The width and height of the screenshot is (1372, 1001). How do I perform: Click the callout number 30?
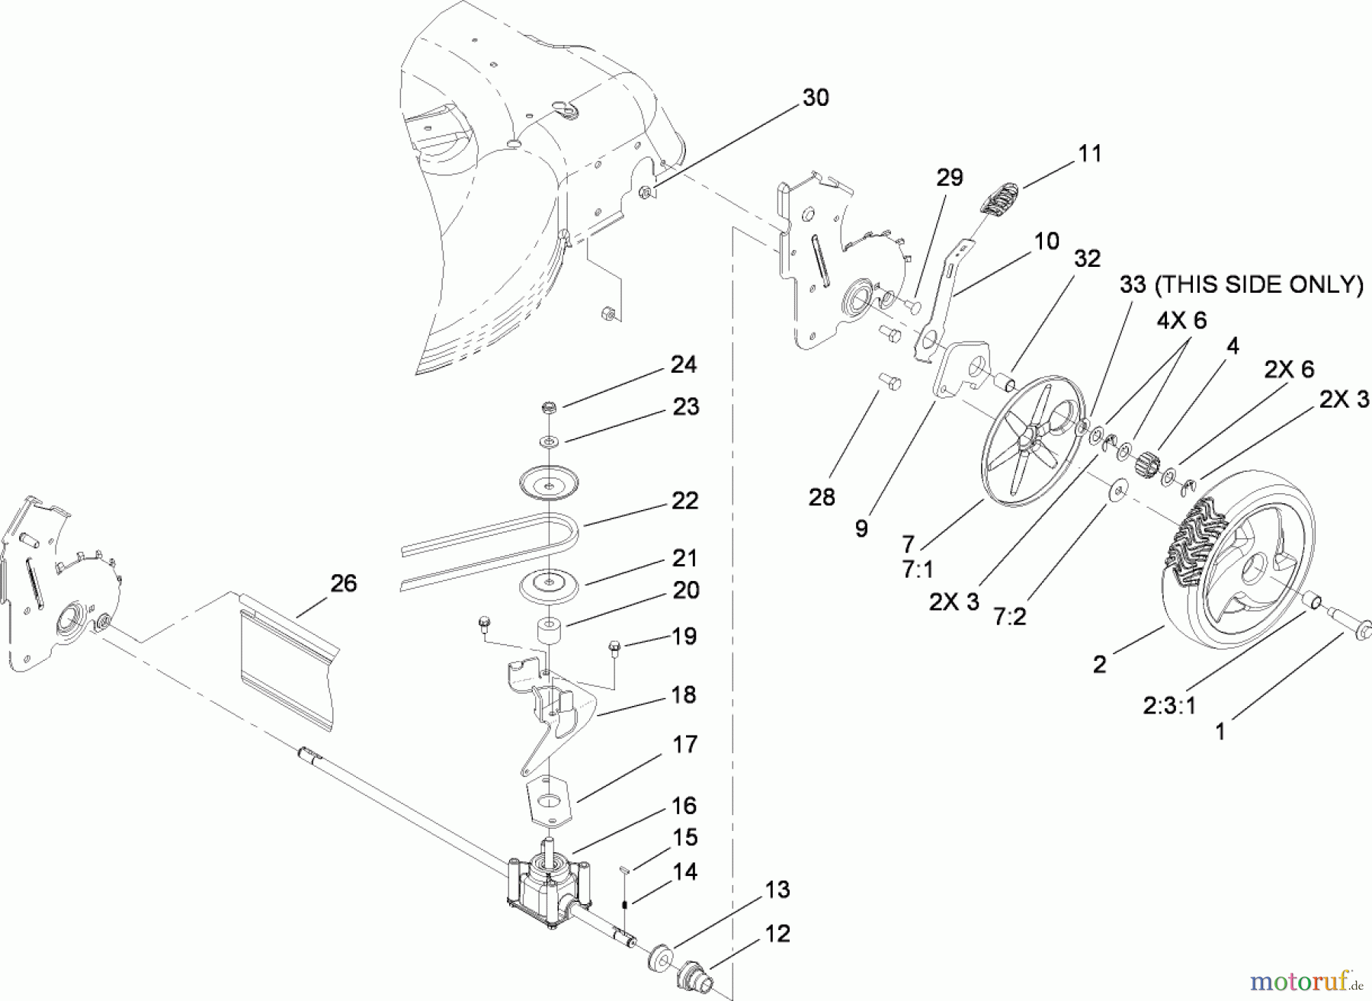point(816,98)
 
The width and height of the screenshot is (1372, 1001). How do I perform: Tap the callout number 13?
point(777,889)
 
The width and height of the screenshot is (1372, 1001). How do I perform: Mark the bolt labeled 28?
point(887,380)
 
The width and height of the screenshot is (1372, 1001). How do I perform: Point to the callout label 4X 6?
point(1181,320)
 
